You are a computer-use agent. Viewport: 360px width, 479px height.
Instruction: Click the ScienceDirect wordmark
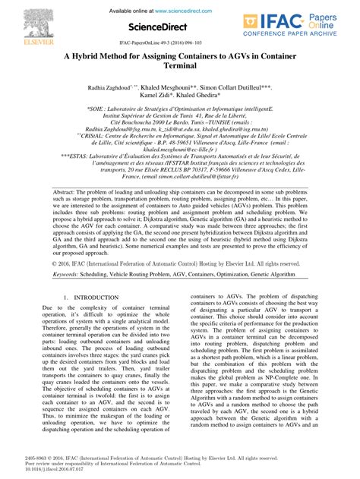coord(158,28)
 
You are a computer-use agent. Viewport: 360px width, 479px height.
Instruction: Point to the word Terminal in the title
coord(180,68)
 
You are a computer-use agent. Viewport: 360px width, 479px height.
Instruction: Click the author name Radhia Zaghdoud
coord(110,88)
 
